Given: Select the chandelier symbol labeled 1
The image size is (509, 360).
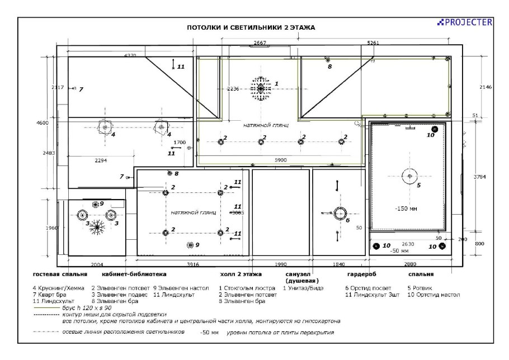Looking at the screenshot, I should click(260, 87).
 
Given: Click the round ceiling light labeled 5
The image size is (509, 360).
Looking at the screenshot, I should click(410, 176).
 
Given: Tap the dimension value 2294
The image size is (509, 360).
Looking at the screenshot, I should click(101, 160).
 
